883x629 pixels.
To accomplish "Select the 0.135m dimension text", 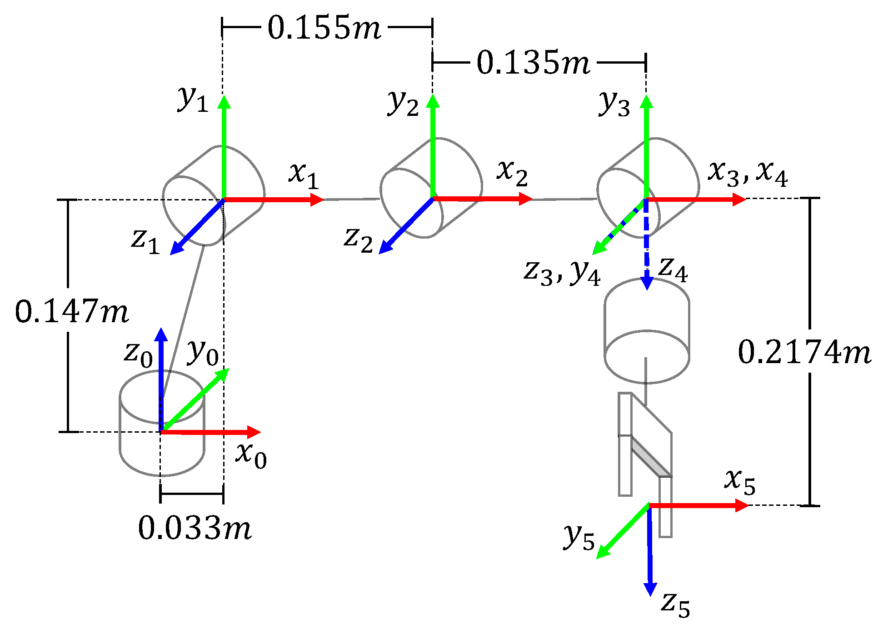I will click(533, 63).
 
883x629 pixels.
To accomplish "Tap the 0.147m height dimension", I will click(72, 312).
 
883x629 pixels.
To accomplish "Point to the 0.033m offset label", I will click(195, 529).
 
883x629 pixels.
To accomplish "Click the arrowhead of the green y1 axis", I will click(224, 101).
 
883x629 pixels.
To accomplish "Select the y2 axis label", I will click(403, 103).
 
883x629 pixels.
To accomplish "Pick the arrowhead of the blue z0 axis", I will click(161, 334).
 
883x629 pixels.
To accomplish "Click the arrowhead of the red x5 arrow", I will click(743, 505).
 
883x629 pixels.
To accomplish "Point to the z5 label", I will click(675, 604).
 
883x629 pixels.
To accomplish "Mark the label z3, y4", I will click(562, 272).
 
